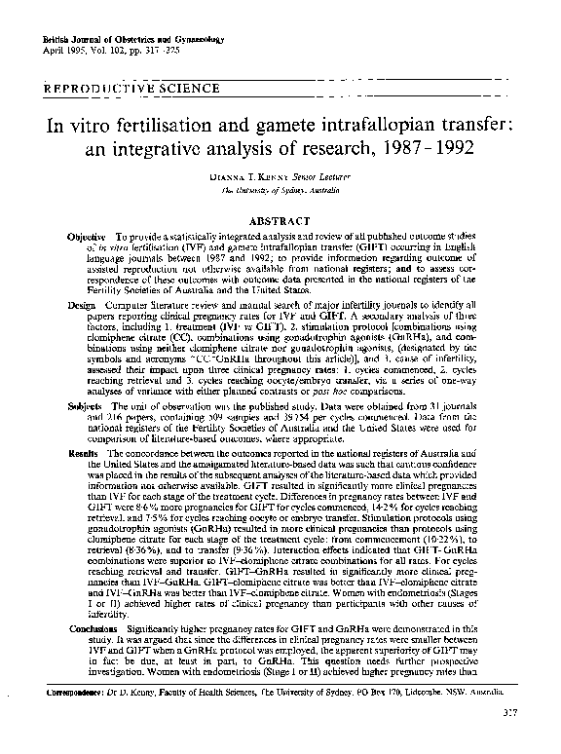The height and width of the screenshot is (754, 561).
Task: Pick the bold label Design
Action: tap(81, 305)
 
